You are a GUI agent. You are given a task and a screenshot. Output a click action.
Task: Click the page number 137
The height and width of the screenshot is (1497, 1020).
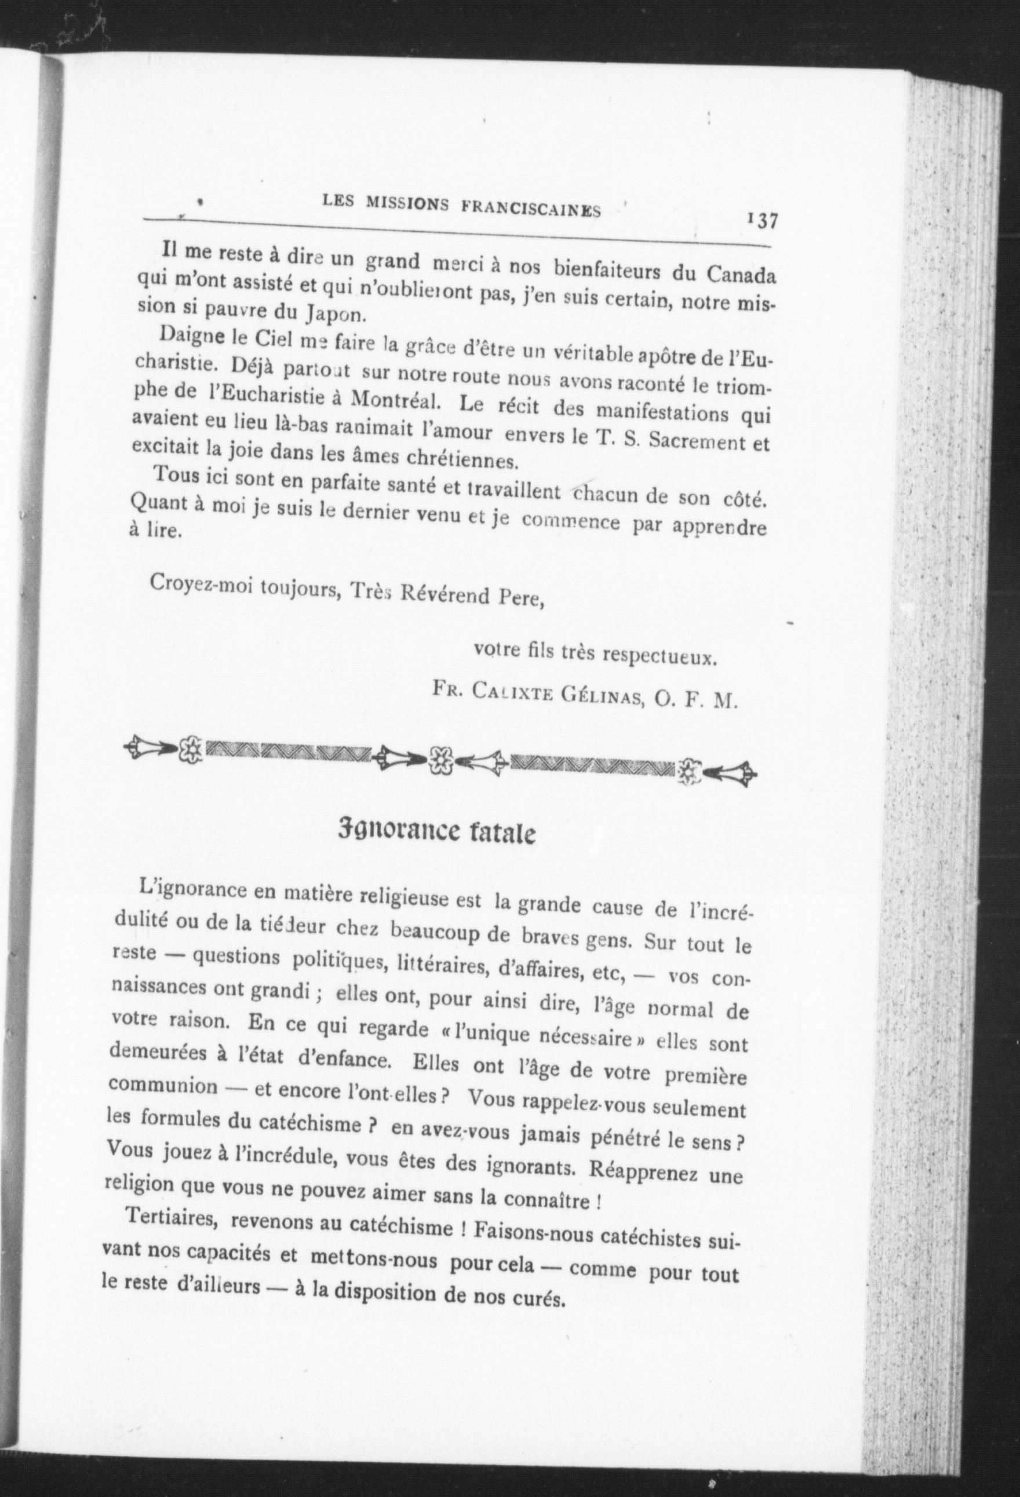tap(763, 221)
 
